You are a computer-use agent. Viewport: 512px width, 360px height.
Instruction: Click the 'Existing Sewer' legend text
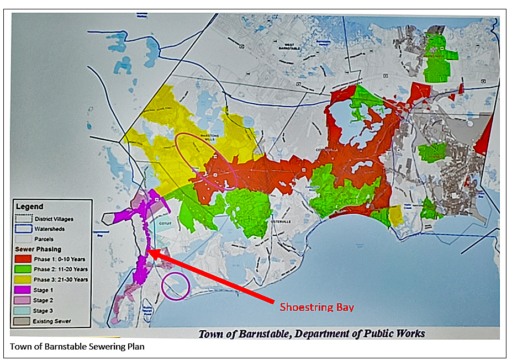tap(52, 321)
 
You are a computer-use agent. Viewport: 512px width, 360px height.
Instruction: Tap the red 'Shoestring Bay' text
tap(316, 307)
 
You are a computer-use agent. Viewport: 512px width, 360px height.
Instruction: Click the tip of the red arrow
tap(151, 252)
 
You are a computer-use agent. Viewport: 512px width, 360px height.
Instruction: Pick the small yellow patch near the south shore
tap(397, 215)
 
